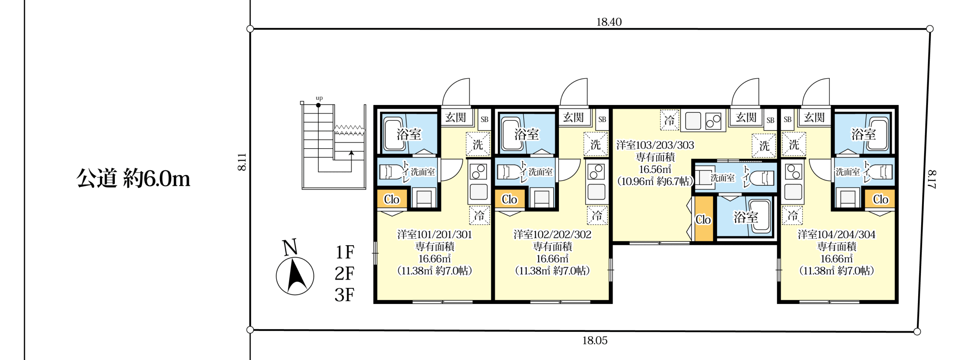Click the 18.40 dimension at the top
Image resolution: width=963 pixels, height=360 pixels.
[609, 22]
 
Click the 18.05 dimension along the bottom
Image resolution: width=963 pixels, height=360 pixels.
[595, 340]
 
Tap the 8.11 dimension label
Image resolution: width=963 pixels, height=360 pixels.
[242, 162]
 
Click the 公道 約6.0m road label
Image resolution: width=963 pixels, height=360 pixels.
[133, 178]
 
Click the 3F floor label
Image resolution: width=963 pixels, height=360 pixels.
[344, 295]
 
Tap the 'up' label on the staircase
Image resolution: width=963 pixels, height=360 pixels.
[319, 98]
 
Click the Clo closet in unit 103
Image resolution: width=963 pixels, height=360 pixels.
[703, 219]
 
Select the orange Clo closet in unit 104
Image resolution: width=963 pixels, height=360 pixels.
[880, 199]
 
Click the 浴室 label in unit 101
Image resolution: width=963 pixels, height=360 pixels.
[409, 134]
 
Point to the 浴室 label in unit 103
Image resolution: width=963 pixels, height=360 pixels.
[746, 217]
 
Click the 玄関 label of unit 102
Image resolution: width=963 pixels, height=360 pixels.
[573, 118]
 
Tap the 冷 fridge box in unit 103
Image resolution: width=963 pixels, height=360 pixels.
[669, 120]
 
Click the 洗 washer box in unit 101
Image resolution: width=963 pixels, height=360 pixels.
[478, 144]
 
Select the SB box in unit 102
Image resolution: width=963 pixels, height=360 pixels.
[602, 119]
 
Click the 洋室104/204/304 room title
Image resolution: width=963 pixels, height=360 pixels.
[836, 235]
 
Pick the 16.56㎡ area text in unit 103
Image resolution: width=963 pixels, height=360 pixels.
[655, 169]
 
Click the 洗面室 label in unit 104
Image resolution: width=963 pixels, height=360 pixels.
[848, 172]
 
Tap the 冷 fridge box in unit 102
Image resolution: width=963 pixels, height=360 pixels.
[597, 216]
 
